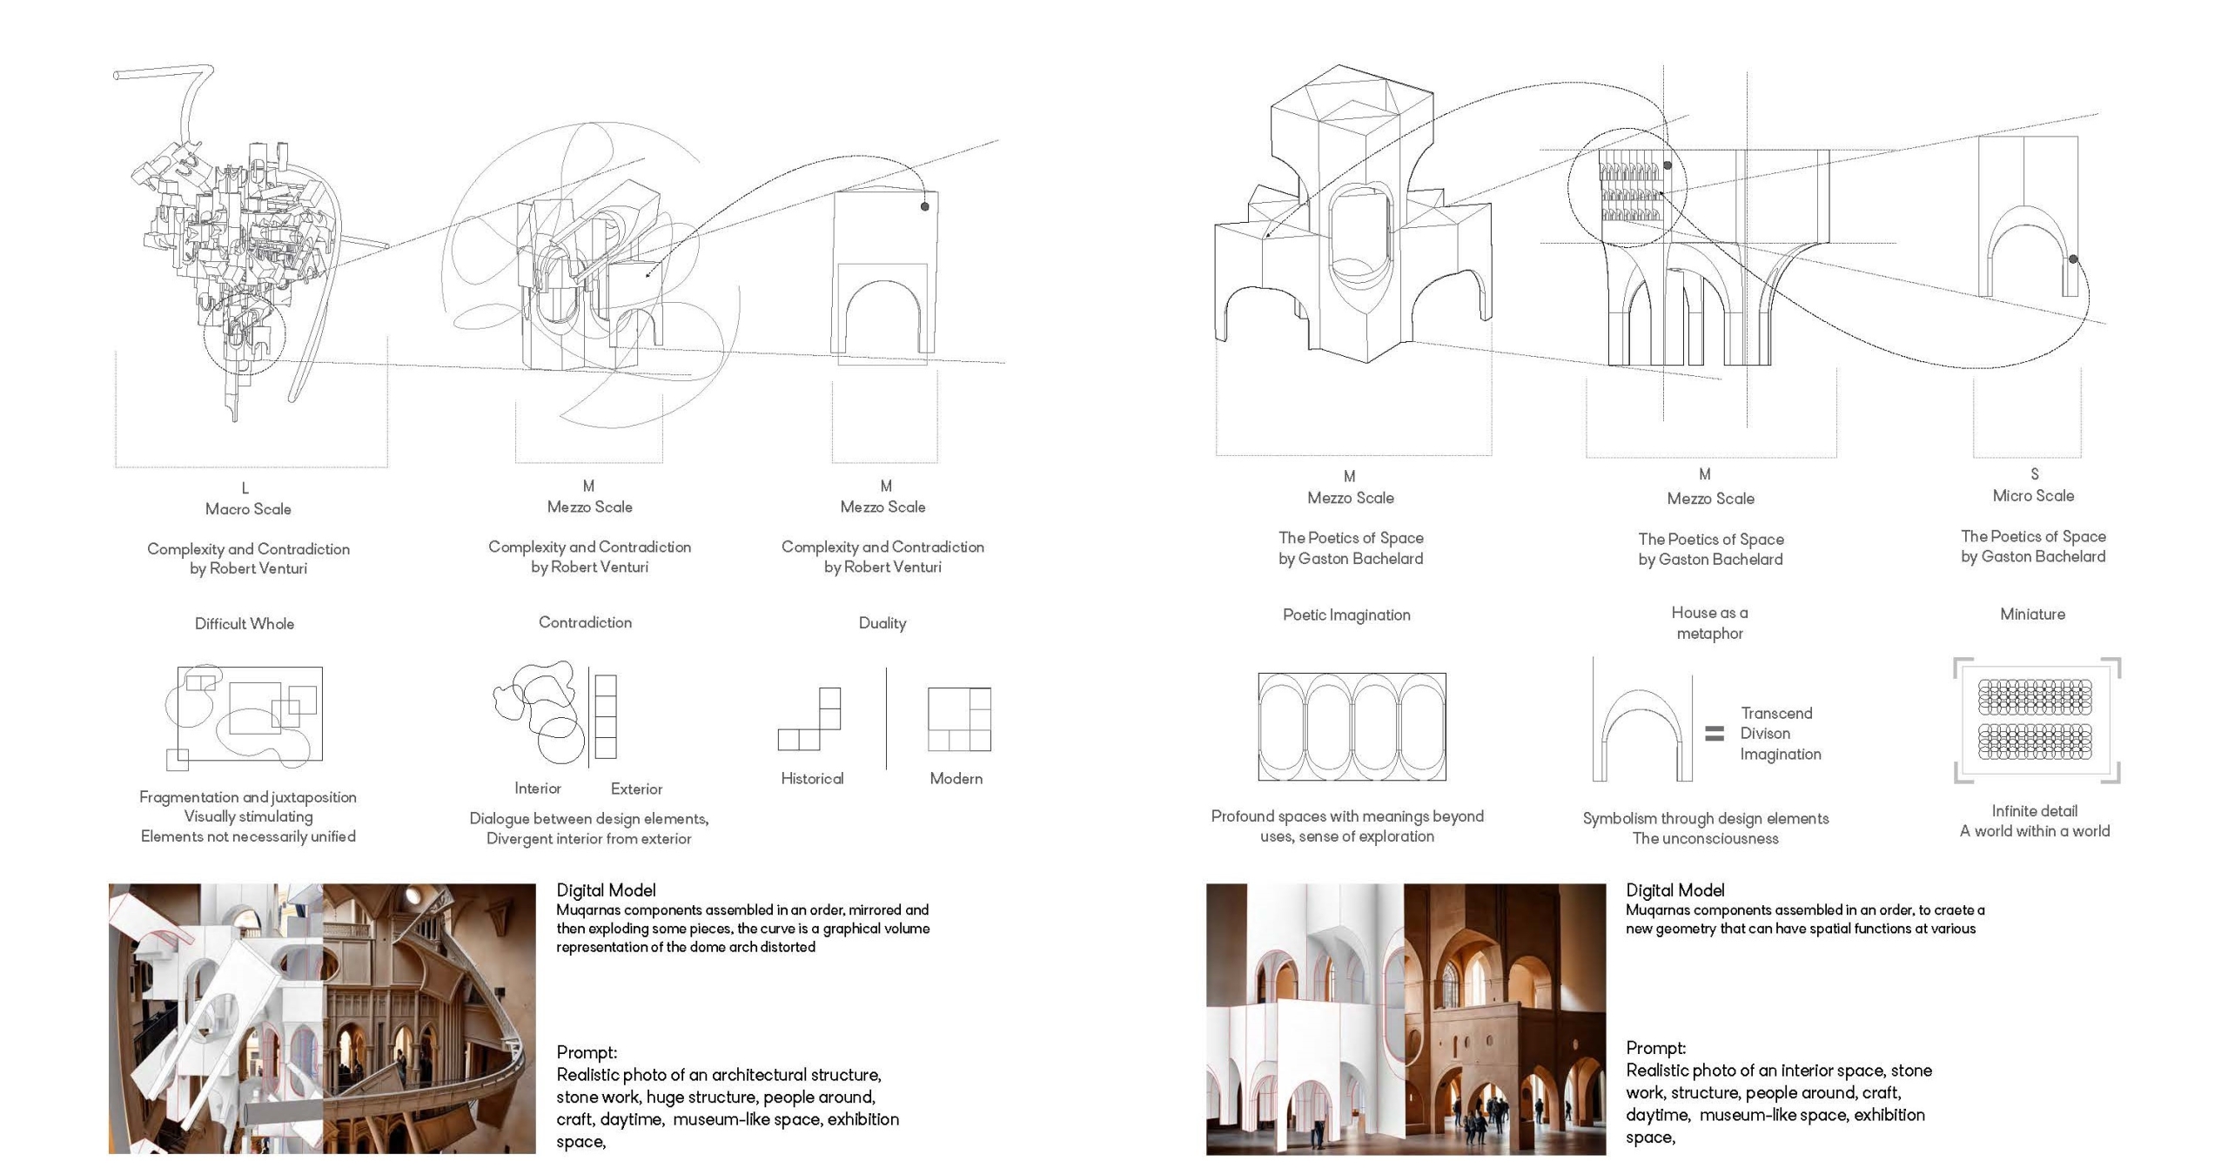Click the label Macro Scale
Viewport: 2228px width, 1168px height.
tap(248, 509)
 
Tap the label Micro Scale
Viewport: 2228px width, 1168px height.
tap(2033, 496)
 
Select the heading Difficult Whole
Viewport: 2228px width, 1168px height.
tap(245, 624)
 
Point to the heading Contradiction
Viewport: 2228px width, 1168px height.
tap(585, 622)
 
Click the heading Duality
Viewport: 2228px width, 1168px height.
tap(882, 623)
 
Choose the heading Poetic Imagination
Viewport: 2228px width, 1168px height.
tap(1346, 615)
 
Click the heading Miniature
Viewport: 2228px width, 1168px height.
tap(2032, 614)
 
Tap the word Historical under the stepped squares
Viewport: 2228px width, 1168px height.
tap(812, 779)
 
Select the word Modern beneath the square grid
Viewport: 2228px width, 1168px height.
tap(956, 779)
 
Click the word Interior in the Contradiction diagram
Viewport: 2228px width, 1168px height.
tap(537, 789)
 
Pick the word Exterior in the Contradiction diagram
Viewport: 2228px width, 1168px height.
tap(636, 789)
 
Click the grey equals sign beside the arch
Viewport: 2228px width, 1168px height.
tap(1714, 734)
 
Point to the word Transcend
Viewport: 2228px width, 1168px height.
tap(1776, 714)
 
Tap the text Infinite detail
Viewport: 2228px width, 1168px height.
tap(2034, 811)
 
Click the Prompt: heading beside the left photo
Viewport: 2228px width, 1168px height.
tap(587, 1053)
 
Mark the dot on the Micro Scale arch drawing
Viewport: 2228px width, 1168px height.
tap(2073, 259)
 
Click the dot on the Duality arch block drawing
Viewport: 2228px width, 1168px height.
tap(924, 206)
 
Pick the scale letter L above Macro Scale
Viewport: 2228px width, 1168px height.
tap(245, 488)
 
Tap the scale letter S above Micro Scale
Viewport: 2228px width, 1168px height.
tap(2034, 475)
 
